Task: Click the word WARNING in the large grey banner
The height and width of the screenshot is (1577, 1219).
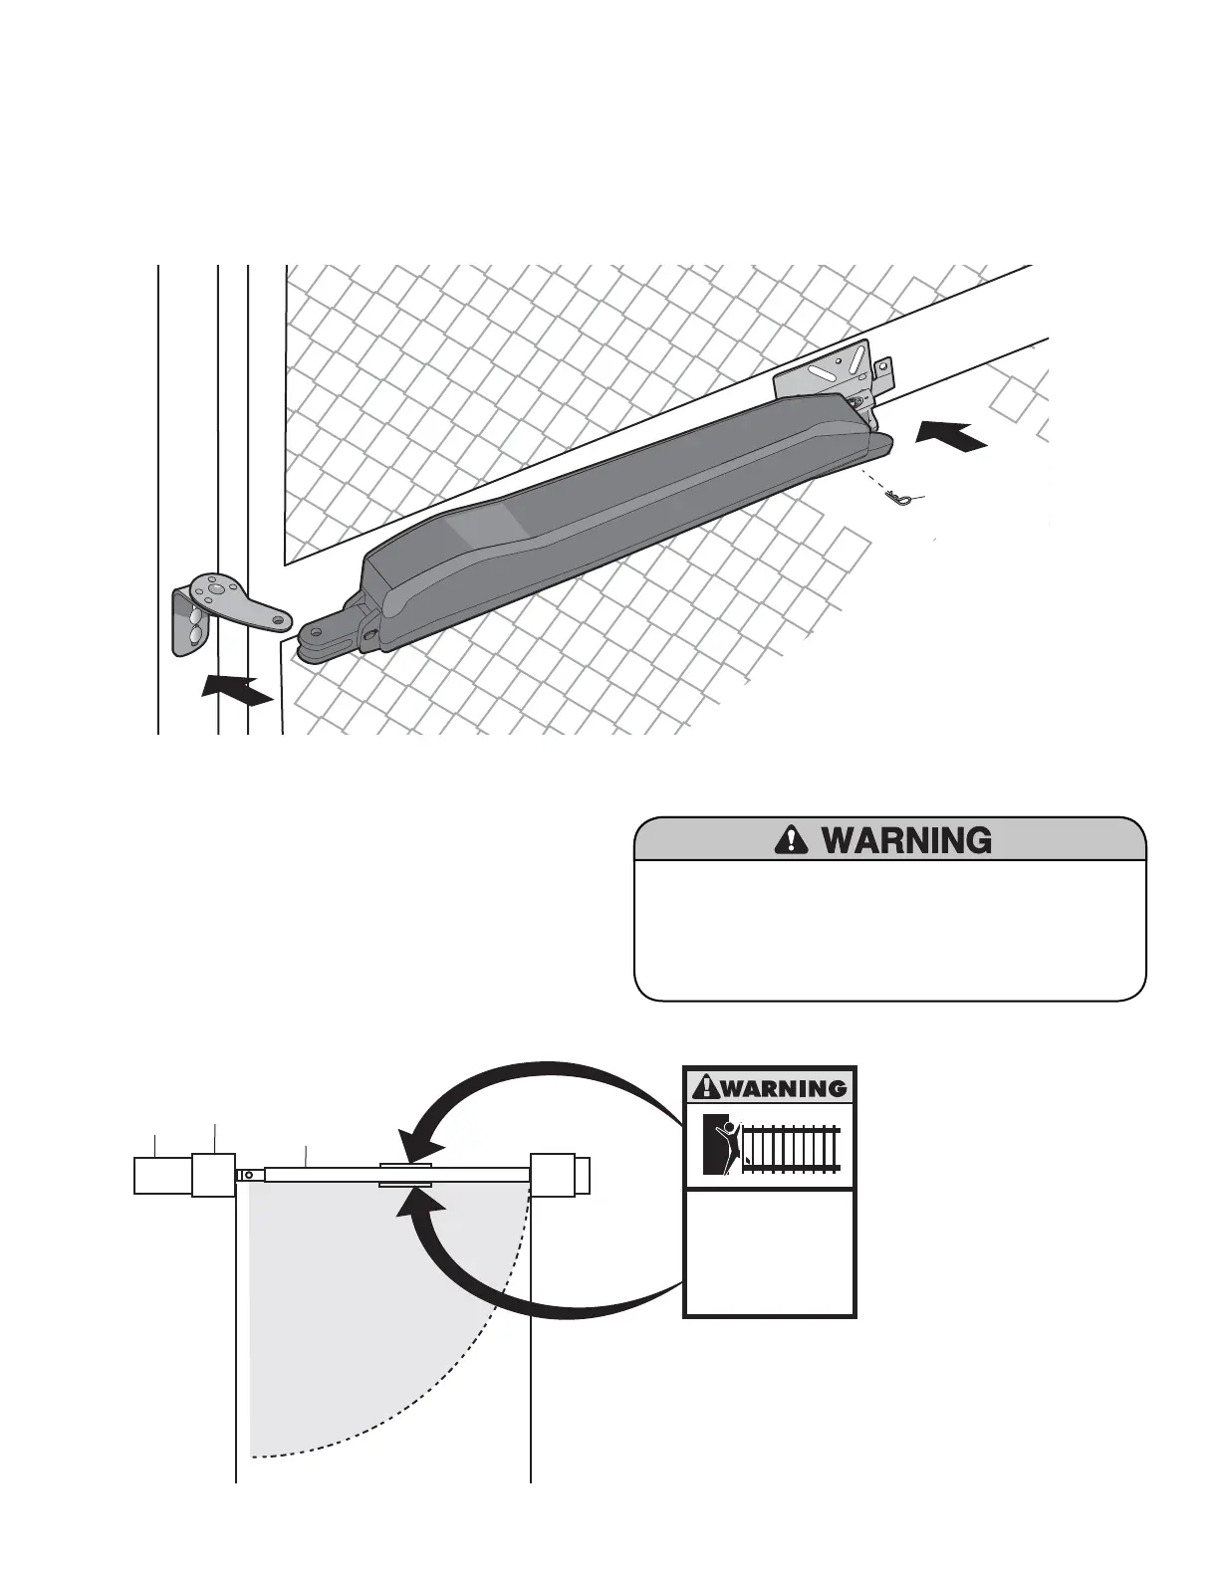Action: pos(905,841)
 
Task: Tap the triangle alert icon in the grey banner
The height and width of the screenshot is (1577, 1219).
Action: pos(789,841)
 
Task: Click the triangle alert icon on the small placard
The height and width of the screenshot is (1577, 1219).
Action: pos(705,1086)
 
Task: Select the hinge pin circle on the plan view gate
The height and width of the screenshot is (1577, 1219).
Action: pos(249,1175)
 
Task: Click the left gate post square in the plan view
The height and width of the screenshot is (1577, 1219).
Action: pos(213,1175)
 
